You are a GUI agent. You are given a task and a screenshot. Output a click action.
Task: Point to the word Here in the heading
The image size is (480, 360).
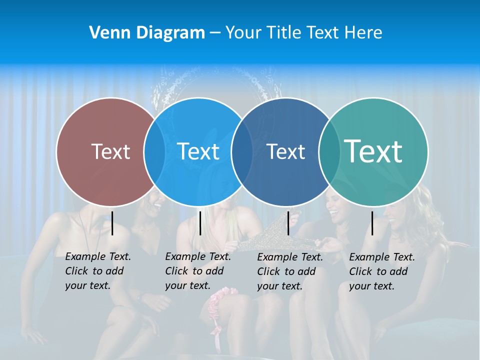coord(363,33)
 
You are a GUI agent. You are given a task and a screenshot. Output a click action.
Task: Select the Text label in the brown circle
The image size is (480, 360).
coord(110,151)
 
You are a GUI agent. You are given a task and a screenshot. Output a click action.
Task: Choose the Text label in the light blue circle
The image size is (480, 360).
coord(198,151)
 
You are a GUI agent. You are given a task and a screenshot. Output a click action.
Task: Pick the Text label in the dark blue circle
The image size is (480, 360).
coord(285,151)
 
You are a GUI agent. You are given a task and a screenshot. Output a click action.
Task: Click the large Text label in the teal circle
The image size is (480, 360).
coord(373,151)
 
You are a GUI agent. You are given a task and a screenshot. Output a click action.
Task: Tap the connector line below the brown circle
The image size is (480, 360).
coord(112,223)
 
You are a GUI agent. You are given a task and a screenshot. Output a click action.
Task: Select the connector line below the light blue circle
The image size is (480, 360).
coord(200,223)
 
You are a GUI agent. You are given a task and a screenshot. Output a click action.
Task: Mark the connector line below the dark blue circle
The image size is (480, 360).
coord(288,223)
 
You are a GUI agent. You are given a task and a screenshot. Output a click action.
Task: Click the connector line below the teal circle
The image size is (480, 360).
coord(372,223)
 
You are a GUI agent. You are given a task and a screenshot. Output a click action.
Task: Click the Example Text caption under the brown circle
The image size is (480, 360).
coord(97,271)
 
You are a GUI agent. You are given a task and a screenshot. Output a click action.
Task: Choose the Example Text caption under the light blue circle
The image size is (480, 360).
coord(197,271)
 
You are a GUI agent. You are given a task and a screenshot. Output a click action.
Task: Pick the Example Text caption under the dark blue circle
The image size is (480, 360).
coord(289,271)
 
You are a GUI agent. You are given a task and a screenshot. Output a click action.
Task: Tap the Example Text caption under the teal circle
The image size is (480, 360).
coord(381,271)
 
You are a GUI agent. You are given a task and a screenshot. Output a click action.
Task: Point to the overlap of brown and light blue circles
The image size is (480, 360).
coord(154,152)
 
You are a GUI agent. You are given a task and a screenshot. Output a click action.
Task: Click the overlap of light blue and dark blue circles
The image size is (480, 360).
coord(242,152)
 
